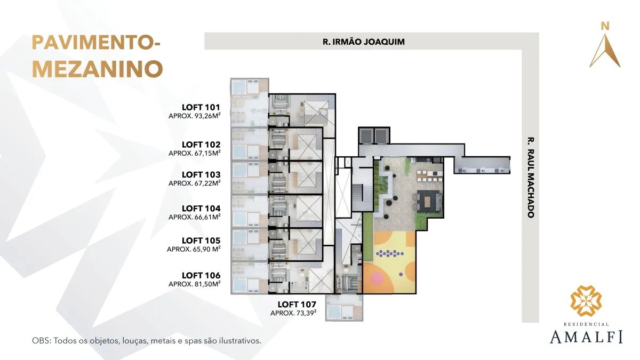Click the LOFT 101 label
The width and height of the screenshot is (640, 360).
point(201,107)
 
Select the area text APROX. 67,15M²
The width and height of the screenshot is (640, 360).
point(194,153)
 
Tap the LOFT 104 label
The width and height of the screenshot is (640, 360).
point(201,209)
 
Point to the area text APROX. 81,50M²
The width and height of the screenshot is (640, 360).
point(194,284)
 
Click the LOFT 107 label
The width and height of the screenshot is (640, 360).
point(297,305)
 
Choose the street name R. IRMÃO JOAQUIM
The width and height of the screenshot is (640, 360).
point(363,42)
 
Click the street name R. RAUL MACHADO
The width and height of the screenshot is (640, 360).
point(531,178)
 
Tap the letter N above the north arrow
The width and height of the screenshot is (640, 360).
point(605,26)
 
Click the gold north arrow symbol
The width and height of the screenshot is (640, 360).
point(605,51)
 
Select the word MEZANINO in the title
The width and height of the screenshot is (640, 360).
point(98,69)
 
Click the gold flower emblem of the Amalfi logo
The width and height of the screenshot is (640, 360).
point(586,301)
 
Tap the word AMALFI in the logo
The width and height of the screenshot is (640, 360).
point(586,337)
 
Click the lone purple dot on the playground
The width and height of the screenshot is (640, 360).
point(401,274)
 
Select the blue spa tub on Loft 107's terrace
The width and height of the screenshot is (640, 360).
point(334,311)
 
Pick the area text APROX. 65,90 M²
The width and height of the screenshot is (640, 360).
point(194,249)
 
